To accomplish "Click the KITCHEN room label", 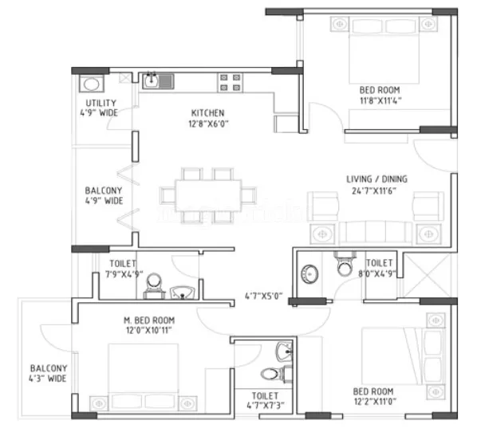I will coord(207,113).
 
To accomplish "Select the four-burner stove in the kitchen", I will coord(230,82).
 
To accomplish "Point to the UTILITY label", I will coord(101,104).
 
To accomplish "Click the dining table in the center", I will coord(200,193).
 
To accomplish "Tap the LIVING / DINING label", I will coord(377,179).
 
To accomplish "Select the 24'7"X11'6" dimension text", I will coord(379,191).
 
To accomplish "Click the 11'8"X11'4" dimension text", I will coord(379,101).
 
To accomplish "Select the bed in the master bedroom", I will coord(142,371).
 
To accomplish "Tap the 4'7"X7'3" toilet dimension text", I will coord(266,406).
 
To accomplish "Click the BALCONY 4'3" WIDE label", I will coord(49,373).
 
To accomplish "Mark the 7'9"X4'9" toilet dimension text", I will coord(124,272).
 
